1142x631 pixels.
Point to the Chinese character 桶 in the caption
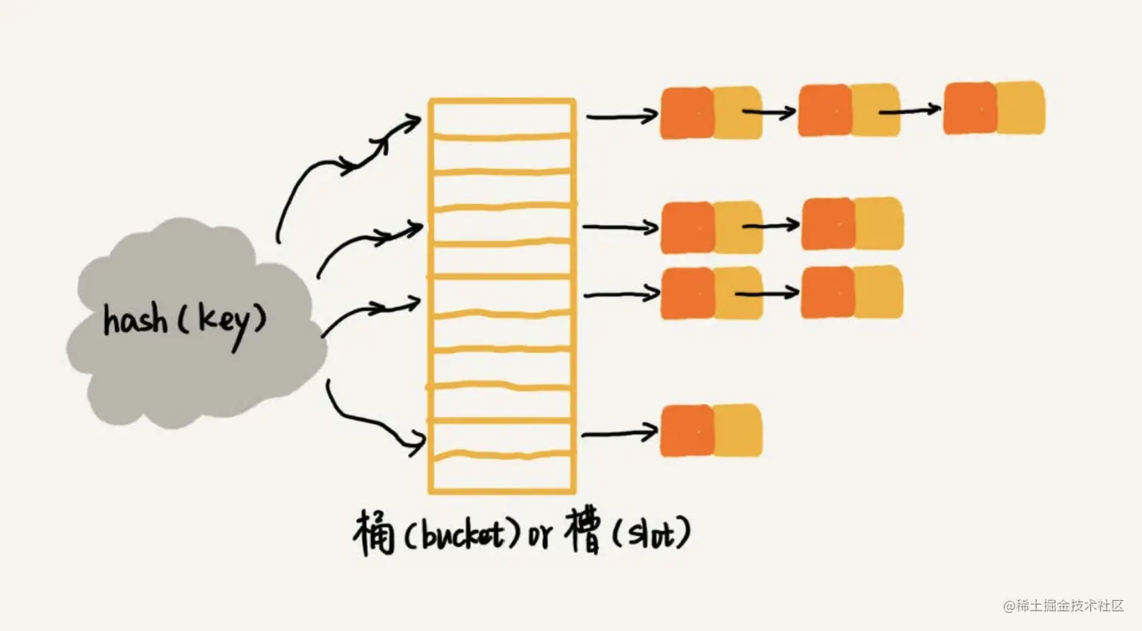click(374, 534)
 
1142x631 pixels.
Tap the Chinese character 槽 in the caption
click(584, 531)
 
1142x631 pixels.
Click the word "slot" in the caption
click(650, 534)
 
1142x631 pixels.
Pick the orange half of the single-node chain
click(687, 431)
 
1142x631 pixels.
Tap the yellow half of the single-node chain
click(738, 430)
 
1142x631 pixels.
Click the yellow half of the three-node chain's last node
click(1020, 108)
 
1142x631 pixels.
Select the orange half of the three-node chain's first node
click(687, 113)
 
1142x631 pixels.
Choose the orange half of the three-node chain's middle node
click(825, 111)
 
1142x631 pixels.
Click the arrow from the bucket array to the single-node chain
click(619, 433)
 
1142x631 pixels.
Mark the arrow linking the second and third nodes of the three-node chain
click(910, 111)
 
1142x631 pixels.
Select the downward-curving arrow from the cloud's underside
click(370, 423)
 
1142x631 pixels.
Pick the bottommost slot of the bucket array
click(502, 473)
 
